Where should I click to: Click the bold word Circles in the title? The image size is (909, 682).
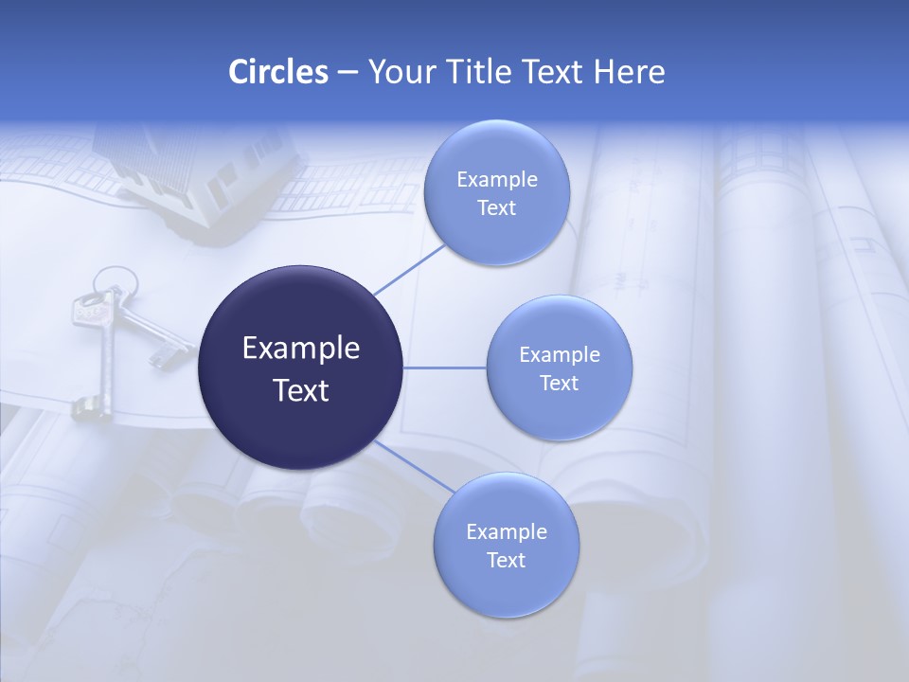coord(278,72)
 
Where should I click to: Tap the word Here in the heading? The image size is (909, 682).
coord(629,72)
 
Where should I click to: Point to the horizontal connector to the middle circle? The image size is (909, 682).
coord(445,368)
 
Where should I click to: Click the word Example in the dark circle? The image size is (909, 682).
coord(300,348)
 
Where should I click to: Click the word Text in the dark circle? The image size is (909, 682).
coord(300,389)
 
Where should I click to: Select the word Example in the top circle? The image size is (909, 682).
coord(496,179)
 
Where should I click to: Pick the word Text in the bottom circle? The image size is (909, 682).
coord(506,560)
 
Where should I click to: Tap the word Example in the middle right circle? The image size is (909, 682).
coord(559,354)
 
